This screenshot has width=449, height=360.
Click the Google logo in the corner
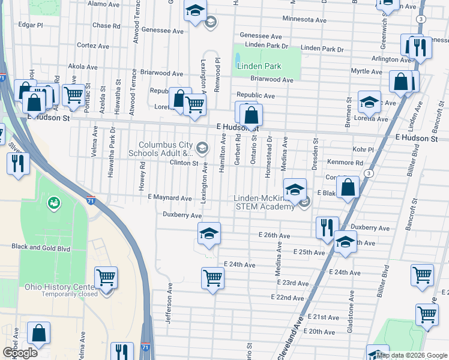click(20, 353)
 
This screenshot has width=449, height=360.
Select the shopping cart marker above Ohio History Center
click(106, 277)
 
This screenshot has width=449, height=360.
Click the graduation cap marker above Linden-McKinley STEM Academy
click(294, 190)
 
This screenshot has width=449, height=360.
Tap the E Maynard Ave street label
click(170, 198)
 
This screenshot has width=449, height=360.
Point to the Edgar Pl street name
click(31, 25)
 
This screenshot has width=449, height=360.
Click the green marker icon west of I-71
click(55, 203)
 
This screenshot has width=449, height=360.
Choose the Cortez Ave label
click(91, 45)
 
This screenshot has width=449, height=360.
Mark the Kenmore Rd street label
click(345, 163)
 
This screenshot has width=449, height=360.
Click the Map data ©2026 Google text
click(411, 355)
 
